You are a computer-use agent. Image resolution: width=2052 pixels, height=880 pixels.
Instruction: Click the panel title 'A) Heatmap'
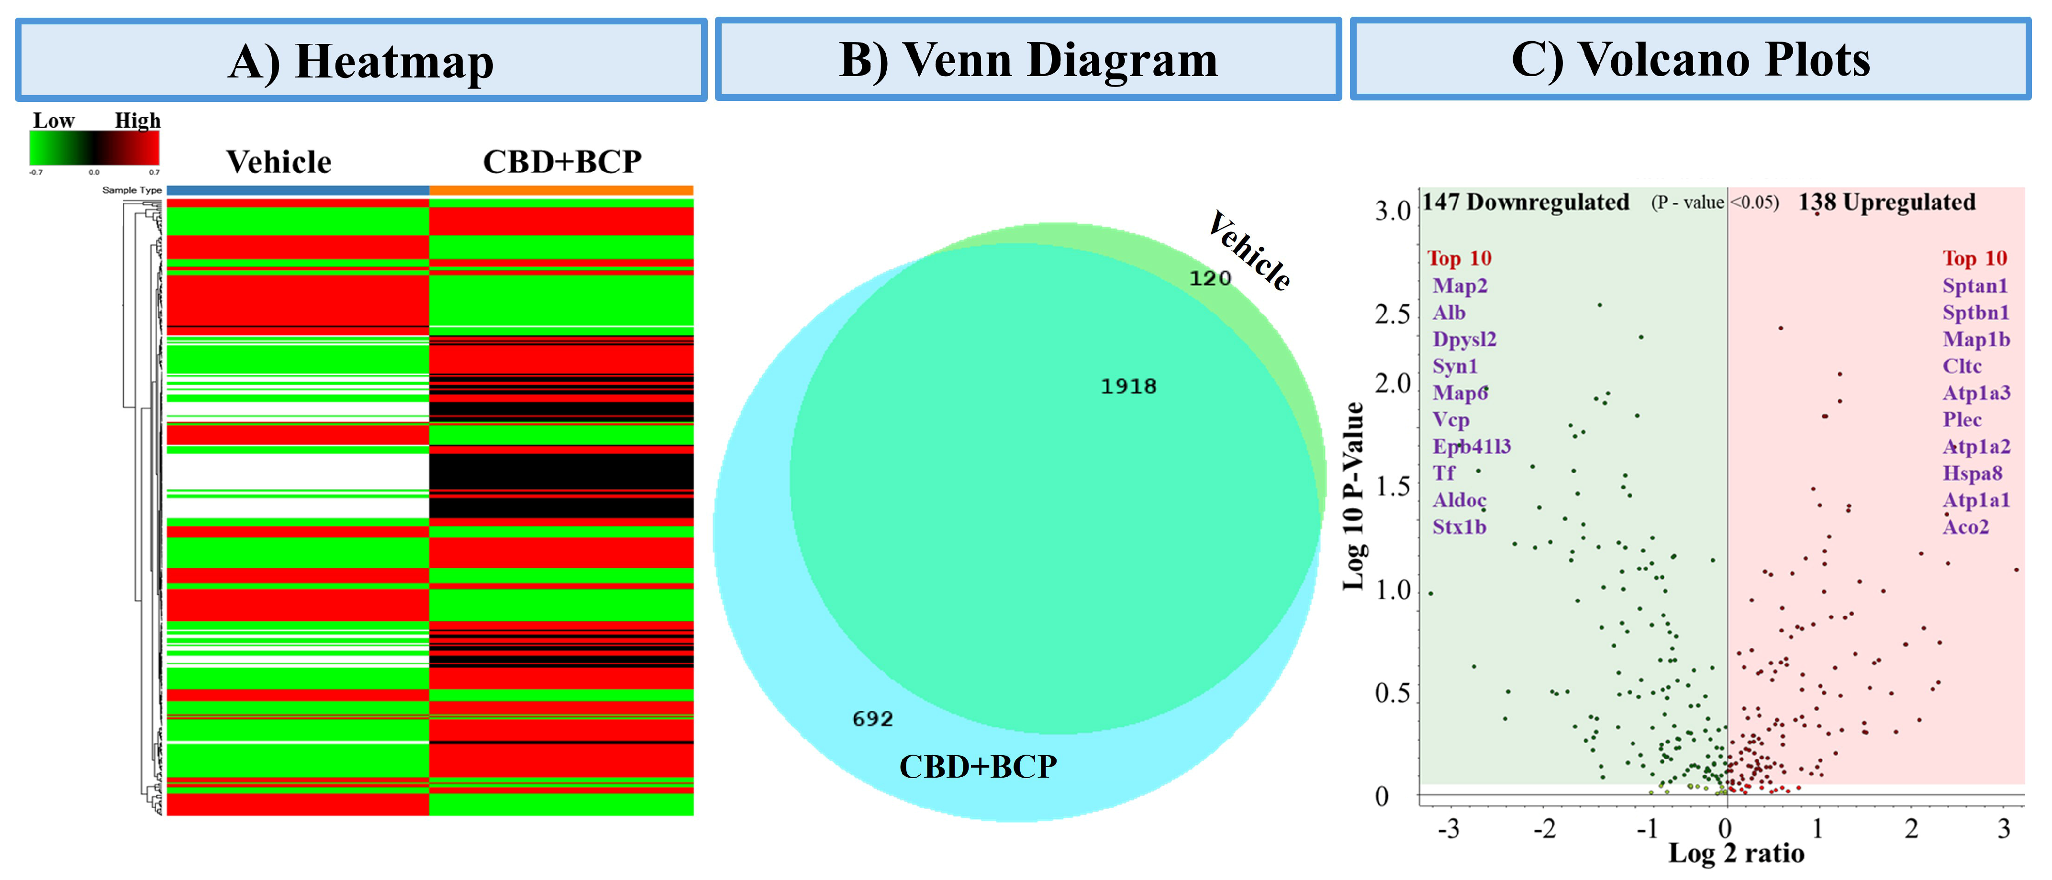coord(361,61)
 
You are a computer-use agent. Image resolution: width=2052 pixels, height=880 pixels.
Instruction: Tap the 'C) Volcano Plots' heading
coord(1690,60)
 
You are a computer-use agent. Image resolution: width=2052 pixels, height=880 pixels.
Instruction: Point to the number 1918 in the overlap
coord(1128,386)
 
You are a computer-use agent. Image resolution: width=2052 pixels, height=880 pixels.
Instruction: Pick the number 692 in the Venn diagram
coord(872,719)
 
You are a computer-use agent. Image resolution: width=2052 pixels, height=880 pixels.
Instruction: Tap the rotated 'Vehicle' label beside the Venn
coord(1249,251)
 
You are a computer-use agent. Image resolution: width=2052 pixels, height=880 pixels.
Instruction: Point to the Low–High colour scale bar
coord(94,148)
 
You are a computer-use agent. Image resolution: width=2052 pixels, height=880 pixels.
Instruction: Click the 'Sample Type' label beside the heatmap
coord(132,190)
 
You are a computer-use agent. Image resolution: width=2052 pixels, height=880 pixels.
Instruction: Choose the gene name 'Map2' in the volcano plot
coord(1460,286)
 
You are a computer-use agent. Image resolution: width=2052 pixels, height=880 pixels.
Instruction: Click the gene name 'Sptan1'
coord(1975,286)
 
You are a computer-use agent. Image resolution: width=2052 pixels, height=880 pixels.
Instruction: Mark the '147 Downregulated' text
coord(1526,202)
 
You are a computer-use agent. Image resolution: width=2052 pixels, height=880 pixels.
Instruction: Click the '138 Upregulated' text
coord(1886,202)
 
